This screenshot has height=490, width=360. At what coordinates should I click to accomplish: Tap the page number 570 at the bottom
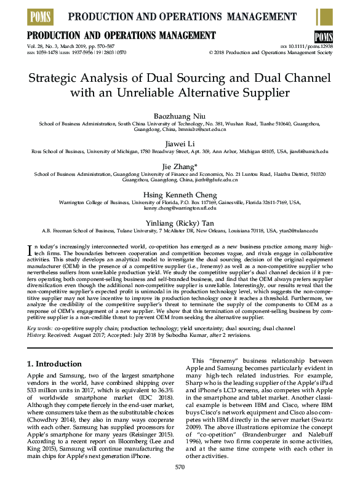coord(180,484)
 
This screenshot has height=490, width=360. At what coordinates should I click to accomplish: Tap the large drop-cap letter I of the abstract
coord(29,249)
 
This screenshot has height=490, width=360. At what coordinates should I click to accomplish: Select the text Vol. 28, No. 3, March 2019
coord(59,46)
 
